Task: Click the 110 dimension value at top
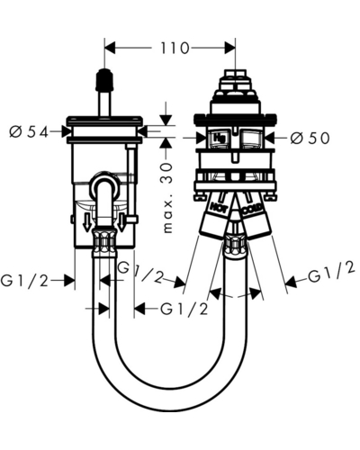pos(175,48)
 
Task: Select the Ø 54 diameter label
pos(29,131)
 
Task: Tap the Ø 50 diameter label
pos(310,138)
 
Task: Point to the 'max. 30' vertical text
pos(167,198)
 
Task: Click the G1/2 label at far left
pos(24,281)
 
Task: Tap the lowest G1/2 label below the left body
pos(184,309)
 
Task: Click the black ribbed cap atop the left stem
pos(104,80)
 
